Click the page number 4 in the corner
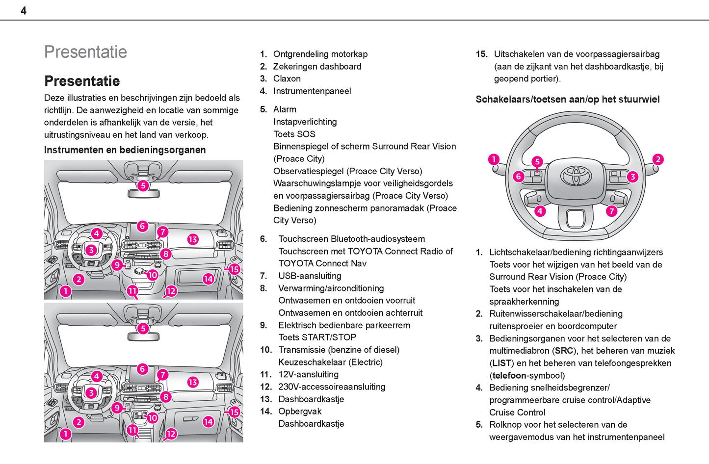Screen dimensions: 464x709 (x=24, y=11)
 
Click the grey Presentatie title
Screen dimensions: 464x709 (x=85, y=52)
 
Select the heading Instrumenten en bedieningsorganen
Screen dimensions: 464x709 (x=125, y=150)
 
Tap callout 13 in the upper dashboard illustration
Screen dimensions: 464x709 (x=193, y=239)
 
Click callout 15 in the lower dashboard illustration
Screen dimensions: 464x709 (x=235, y=412)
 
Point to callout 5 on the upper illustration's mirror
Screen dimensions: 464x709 (x=143, y=185)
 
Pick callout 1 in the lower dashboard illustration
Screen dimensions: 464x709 (x=65, y=434)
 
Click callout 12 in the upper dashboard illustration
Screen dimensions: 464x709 (x=171, y=291)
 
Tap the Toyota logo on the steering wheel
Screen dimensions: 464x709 (x=576, y=176)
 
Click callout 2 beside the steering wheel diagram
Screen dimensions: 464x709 (x=658, y=159)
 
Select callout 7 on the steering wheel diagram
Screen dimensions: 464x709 (x=611, y=211)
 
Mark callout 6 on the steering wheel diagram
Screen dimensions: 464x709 (x=518, y=177)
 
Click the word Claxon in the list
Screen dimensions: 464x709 (x=287, y=79)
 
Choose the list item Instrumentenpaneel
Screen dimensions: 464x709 (x=312, y=91)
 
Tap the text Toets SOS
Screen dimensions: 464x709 (x=294, y=134)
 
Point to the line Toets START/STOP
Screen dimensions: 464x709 (x=317, y=337)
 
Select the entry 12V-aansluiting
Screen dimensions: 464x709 (x=308, y=375)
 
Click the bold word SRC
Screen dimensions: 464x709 (x=564, y=351)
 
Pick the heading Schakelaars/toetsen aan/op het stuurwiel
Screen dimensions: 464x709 (x=567, y=100)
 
